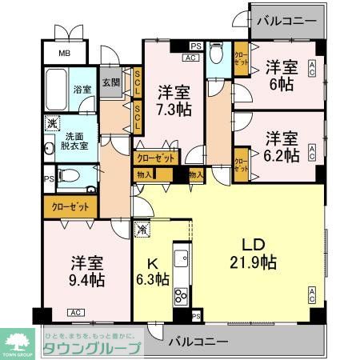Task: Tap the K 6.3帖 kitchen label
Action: (151, 270)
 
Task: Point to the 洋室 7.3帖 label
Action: (172, 99)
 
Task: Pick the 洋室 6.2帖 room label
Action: (282, 144)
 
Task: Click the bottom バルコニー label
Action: (198, 342)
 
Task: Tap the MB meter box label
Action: (64, 54)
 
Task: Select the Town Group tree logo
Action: (17, 339)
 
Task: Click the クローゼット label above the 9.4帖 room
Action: (70, 206)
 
